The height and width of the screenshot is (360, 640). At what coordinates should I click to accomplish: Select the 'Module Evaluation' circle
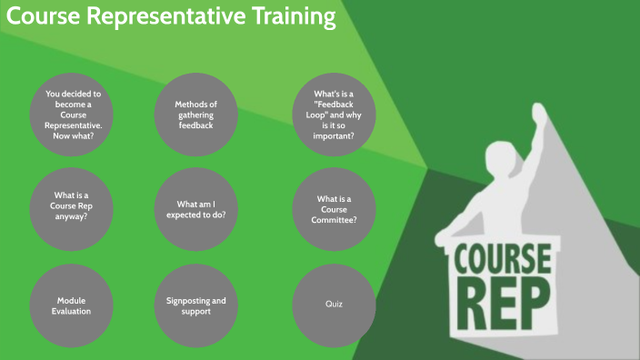coord(72,305)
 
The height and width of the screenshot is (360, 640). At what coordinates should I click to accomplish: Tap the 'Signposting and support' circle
coord(195,305)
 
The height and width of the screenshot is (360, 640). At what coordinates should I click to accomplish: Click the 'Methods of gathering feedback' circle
coord(195,115)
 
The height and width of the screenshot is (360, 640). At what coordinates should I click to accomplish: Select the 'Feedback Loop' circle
coord(334,115)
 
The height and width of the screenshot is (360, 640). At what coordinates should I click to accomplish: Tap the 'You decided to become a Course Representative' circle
coord(72,115)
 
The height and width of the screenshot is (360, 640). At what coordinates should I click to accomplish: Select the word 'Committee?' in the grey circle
coord(334,220)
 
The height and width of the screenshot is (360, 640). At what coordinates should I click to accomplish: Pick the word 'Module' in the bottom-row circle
coord(72,300)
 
